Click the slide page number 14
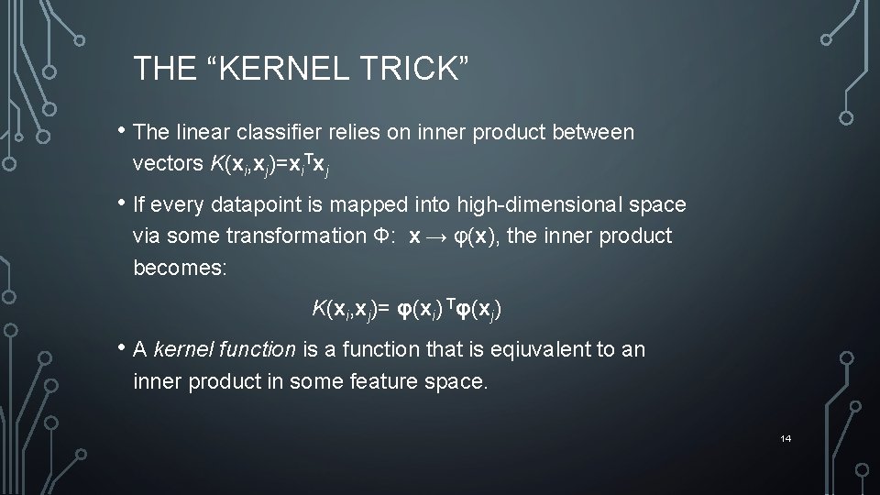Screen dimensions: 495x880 click(x=786, y=439)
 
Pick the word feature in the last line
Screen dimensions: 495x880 click(x=384, y=379)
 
